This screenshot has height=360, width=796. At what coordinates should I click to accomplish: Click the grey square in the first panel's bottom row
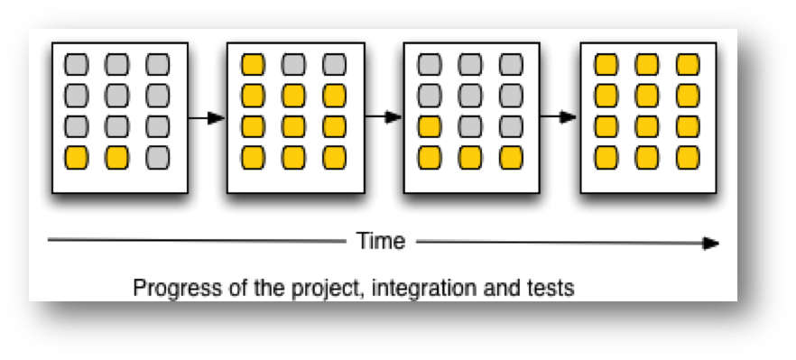157,157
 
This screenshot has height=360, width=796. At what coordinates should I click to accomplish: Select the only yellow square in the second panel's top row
253,65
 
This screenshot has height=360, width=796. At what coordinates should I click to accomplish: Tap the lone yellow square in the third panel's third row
430,126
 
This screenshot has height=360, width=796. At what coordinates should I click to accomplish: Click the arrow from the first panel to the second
207,118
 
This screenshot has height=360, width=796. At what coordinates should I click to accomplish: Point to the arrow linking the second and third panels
384,116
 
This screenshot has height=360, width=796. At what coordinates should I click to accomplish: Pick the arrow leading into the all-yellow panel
559,116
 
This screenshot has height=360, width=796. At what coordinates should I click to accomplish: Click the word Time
381,241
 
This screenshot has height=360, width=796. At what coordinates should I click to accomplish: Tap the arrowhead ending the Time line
711,244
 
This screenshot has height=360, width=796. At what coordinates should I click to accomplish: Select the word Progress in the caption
177,289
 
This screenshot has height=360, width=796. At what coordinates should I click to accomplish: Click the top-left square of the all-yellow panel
606,65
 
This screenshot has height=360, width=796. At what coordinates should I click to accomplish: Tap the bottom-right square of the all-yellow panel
688,157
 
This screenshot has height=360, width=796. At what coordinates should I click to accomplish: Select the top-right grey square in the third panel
511,65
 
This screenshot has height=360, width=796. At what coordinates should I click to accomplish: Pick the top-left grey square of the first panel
76,65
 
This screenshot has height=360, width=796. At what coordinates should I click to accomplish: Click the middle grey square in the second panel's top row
293,65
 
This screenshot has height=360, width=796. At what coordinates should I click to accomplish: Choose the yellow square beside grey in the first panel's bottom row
116,157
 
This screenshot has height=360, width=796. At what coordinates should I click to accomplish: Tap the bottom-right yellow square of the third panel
511,157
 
